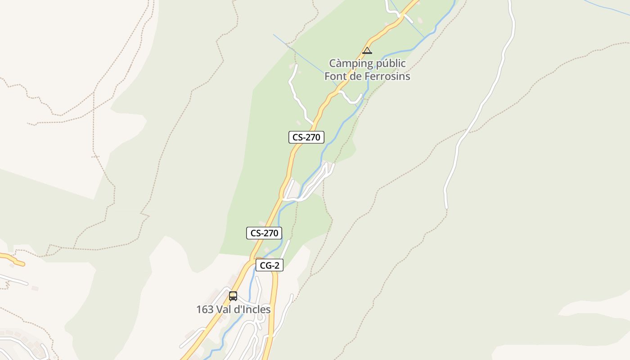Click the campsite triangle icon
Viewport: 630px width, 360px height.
tap(367, 50)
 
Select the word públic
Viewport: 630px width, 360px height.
tap(388, 63)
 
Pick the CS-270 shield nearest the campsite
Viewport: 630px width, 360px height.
tap(306, 137)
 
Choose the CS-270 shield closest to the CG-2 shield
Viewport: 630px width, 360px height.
tap(264, 233)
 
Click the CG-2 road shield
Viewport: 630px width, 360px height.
tap(270, 265)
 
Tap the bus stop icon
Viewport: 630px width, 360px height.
tap(233, 296)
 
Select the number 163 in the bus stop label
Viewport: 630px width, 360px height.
tap(205, 310)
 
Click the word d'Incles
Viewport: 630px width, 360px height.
tap(254, 310)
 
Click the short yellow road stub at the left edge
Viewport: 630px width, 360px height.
tap(11, 259)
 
